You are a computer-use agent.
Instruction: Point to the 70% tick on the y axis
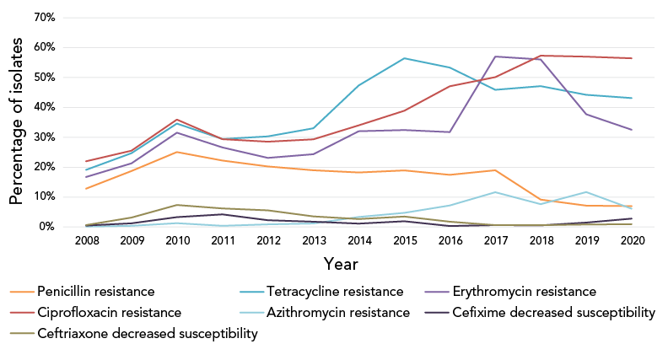(x=43, y=18)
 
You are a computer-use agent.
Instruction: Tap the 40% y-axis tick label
(x=43, y=107)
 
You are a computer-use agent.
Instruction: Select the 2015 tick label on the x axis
(x=405, y=241)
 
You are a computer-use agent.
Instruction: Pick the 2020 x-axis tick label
(x=633, y=241)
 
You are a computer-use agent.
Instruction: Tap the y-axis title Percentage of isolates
(x=16, y=122)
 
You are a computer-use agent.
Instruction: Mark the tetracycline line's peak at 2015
(x=405, y=58)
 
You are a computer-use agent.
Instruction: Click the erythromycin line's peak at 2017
(x=496, y=56)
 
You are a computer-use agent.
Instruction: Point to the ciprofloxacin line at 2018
(x=541, y=56)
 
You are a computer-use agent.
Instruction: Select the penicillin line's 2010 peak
(x=177, y=152)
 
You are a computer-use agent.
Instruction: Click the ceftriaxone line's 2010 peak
(x=177, y=205)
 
